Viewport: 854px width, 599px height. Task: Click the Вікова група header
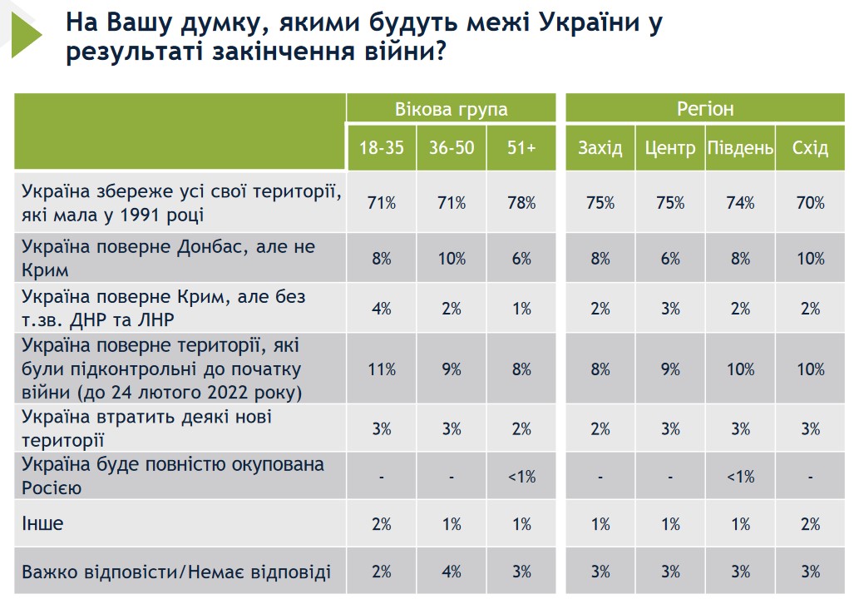click(x=452, y=110)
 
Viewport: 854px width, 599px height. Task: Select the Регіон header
click(x=705, y=109)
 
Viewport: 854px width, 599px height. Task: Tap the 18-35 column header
click(x=382, y=148)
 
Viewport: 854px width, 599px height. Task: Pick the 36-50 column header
click(x=452, y=148)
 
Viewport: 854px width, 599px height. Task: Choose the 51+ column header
click(x=521, y=148)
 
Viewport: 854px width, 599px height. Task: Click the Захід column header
click(x=600, y=148)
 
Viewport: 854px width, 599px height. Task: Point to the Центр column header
click(x=669, y=148)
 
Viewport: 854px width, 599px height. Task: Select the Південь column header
click(x=740, y=148)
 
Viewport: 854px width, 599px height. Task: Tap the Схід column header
click(x=810, y=148)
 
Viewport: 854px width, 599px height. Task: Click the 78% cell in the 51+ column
click(x=521, y=202)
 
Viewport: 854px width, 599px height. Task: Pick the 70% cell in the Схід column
click(x=810, y=202)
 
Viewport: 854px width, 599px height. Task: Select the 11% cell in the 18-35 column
click(x=382, y=369)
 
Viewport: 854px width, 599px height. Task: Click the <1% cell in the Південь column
click(x=740, y=477)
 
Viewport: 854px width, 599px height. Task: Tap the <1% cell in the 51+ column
click(x=521, y=477)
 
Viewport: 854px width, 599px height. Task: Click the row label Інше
click(x=42, y=524)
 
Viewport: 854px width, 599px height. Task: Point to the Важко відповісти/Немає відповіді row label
click(x=176, y=572)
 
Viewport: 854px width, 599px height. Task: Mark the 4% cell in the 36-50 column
click(x=452, y=572)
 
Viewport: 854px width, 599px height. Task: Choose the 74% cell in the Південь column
click(x=740, y=202)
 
